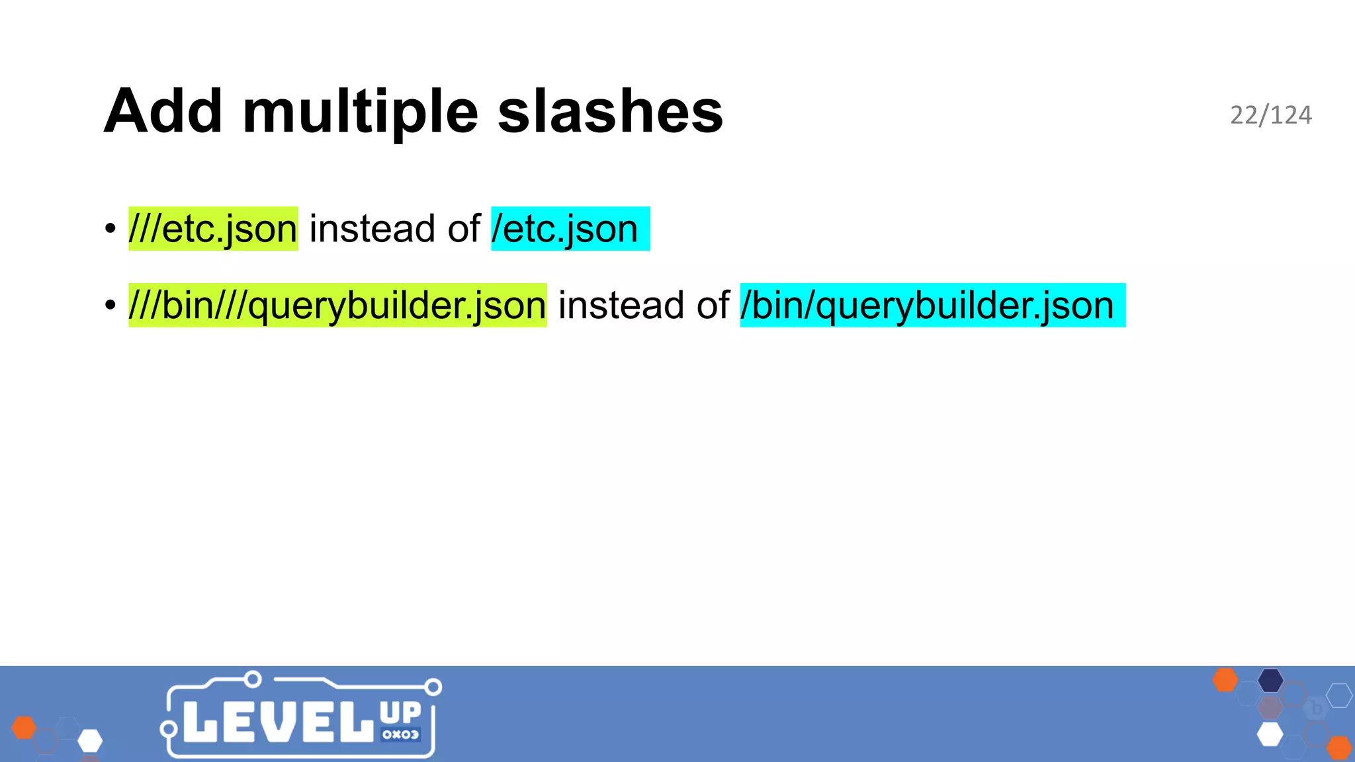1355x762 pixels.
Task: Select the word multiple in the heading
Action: [x=360, y=112]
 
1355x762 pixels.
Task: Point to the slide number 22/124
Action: [x=1270, y=115]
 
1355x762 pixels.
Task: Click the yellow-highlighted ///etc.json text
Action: [x=213, y=229]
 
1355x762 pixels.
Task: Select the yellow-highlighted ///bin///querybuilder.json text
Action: [x=337, y=306]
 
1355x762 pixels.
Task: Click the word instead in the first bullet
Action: [x=372, y=229]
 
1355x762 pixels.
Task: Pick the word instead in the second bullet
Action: [x=621, y=306]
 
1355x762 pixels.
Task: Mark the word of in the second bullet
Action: [x=713, y=306]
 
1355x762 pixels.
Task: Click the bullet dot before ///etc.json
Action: [x=110, y=230]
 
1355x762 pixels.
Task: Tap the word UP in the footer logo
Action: [x=400, y=712]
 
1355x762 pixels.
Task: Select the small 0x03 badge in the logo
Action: [x=400, y=734]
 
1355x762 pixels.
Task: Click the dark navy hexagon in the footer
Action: [x=1270, y=680]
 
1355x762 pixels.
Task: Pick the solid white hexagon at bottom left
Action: [x=90, y=741]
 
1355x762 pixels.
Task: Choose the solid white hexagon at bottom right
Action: [x=1270, y=734]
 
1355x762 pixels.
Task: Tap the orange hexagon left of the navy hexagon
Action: [x=1225, y=680]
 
